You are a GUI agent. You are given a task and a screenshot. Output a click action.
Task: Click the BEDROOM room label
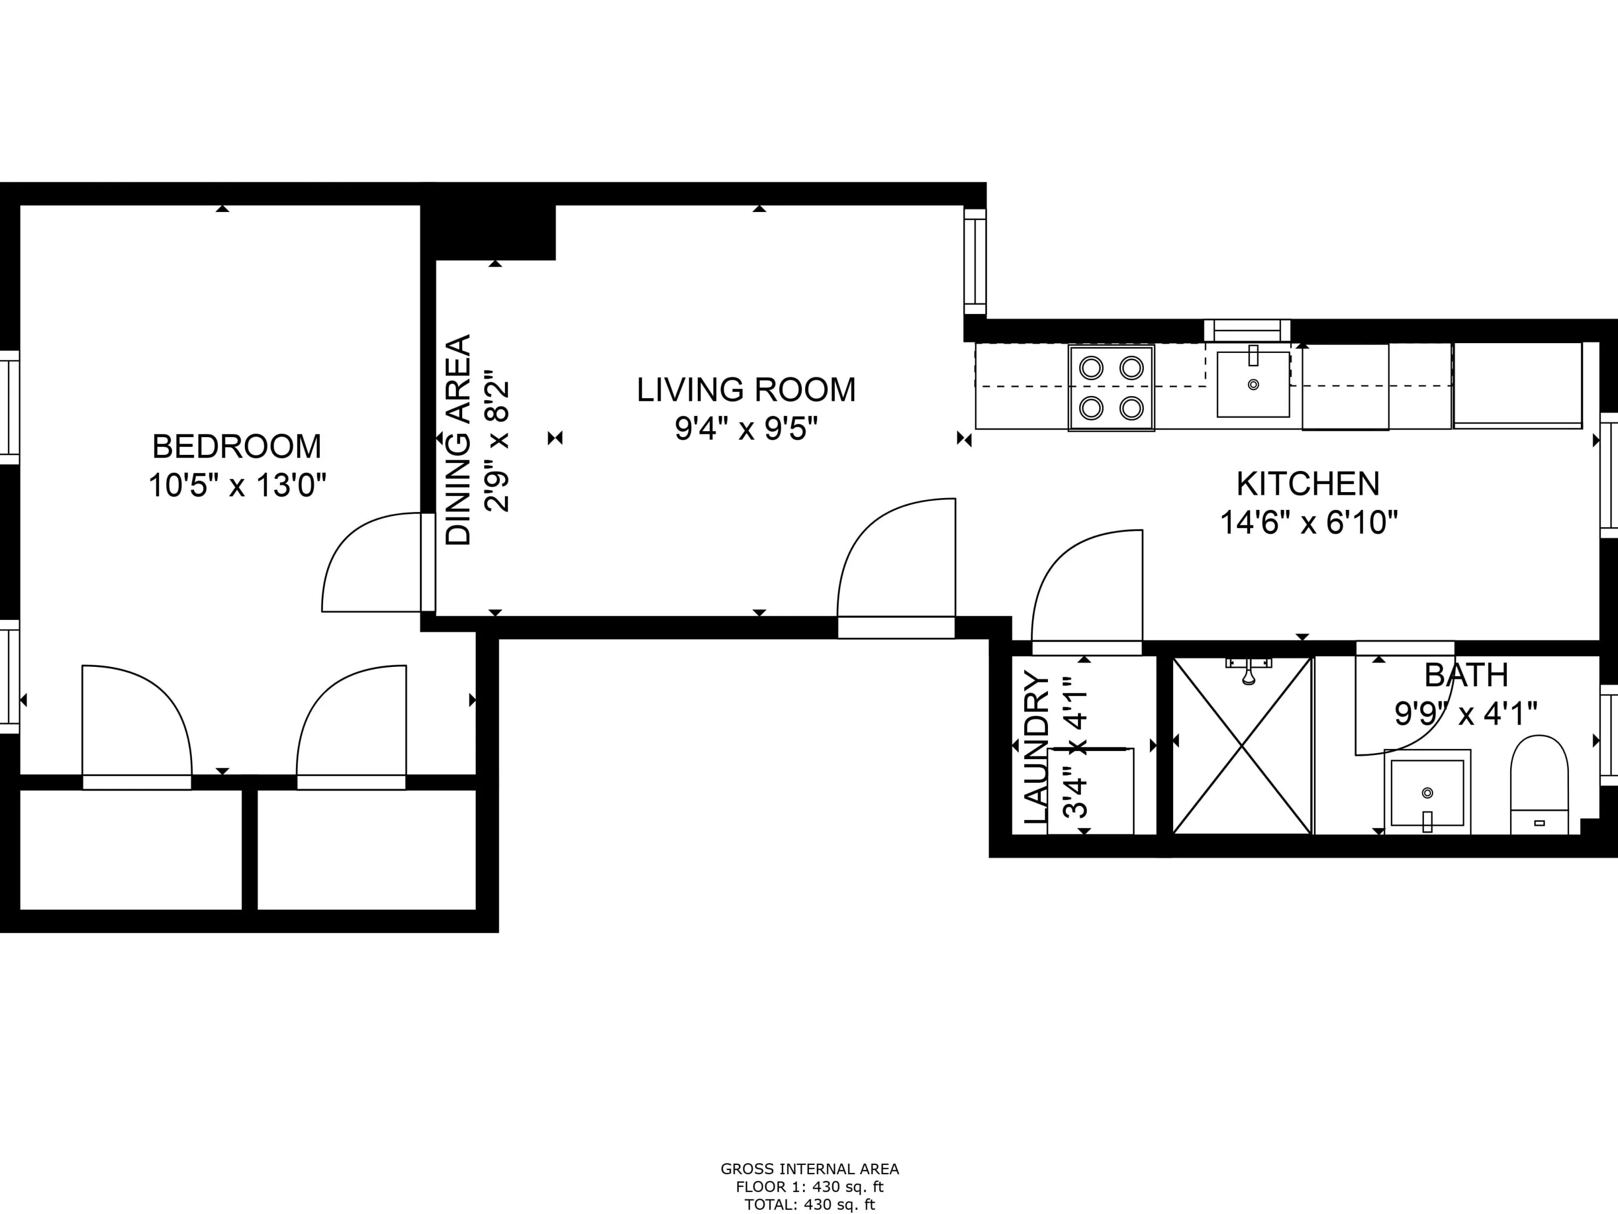pyautogui.click(x=236, y=446)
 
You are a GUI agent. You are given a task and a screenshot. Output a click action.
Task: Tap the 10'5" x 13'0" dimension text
pyautogui.click(x=237, y=485)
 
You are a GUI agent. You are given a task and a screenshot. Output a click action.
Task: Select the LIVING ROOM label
pyautogui.click(x=745, y=390)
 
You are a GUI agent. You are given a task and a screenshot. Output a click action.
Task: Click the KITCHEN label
pyautogui.click(x=1308, y=483)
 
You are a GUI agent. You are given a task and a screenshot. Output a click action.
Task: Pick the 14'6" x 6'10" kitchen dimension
pyautogui.click(x=1308, y=522)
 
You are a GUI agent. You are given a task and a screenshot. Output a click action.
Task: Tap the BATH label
pyautogui.click(x=1466, y=674)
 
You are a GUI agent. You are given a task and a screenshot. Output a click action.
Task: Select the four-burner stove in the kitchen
pyautogui.click(x=1111, y=388)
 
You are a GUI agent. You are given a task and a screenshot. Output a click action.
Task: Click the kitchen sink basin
pyautogui.click(x=1253, y=385)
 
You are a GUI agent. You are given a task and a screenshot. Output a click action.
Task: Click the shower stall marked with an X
pyautogui.click(x=1242, y=746)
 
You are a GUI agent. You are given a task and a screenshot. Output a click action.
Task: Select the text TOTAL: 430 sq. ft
pyautogui.click(x=809, y=1204)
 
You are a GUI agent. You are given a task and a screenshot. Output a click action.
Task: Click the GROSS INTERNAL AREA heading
pyautogui.click(x=809, y=1169)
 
